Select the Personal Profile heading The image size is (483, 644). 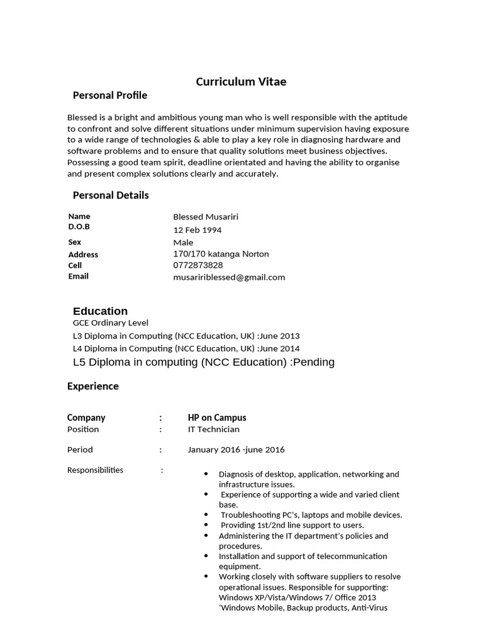[x=110, y=96]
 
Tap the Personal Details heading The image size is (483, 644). [x=111, y=195]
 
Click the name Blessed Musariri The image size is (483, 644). [x=206, y=217]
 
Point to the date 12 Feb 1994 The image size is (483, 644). [x=197, y=230]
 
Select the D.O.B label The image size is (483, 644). [x=79, y=226]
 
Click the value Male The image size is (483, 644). [x=183, y=242]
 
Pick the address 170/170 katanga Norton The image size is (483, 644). [x=221, y=254]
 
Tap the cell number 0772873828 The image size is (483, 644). [x=197, y=265]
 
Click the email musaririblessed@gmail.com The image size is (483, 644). [x=229, y=277]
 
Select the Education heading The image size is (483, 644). [x=100, y=311]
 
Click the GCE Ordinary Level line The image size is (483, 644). [x=111, y=323]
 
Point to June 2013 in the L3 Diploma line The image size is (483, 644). [x=280, y=336]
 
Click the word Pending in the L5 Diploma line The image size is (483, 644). [x=314, y=362]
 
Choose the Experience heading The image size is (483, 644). [x=92, y=386]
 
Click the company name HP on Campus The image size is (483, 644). [x=217, y=418]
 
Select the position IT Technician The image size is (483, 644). [x=213, y=430]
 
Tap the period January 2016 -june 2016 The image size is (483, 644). [x=236, y=450]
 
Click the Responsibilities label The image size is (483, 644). [x=95, y=470]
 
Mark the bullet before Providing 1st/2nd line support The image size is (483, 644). [x=207, y=525]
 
